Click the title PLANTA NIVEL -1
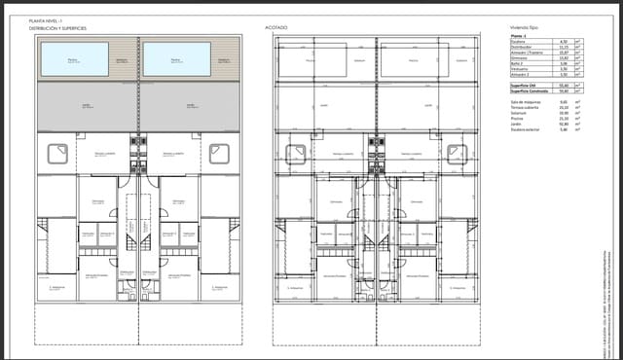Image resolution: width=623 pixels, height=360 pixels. (x=47, y=19)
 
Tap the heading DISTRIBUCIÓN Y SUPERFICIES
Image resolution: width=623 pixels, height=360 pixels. (x=58, y=28)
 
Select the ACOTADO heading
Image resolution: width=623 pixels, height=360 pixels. (x=276, y=27)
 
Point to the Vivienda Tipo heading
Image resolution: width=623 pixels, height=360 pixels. (x=524, y=27)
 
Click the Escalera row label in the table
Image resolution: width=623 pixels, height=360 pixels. (x=518, y=42)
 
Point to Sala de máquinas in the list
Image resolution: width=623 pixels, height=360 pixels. (x=526, y=102)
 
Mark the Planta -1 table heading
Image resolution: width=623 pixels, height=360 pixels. (x=518, y=36)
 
